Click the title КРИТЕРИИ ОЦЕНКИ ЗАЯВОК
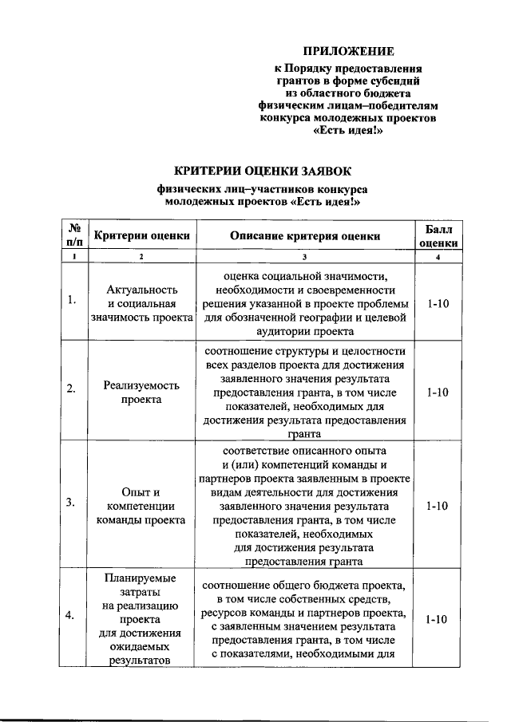click(x=263, y=171)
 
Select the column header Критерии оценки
click(x=142, y=235)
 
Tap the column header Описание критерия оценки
click(x=305, y=235)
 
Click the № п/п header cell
click(x=75, y=235)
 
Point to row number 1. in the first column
click(x=72, y=300)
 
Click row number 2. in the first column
click(x=72, y=389)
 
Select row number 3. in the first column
click(x=72, y=503)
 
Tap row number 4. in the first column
click(x=72, y=614)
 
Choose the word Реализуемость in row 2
click(x=142, y=385)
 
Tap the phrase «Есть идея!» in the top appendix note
click(x=349, y=131)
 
